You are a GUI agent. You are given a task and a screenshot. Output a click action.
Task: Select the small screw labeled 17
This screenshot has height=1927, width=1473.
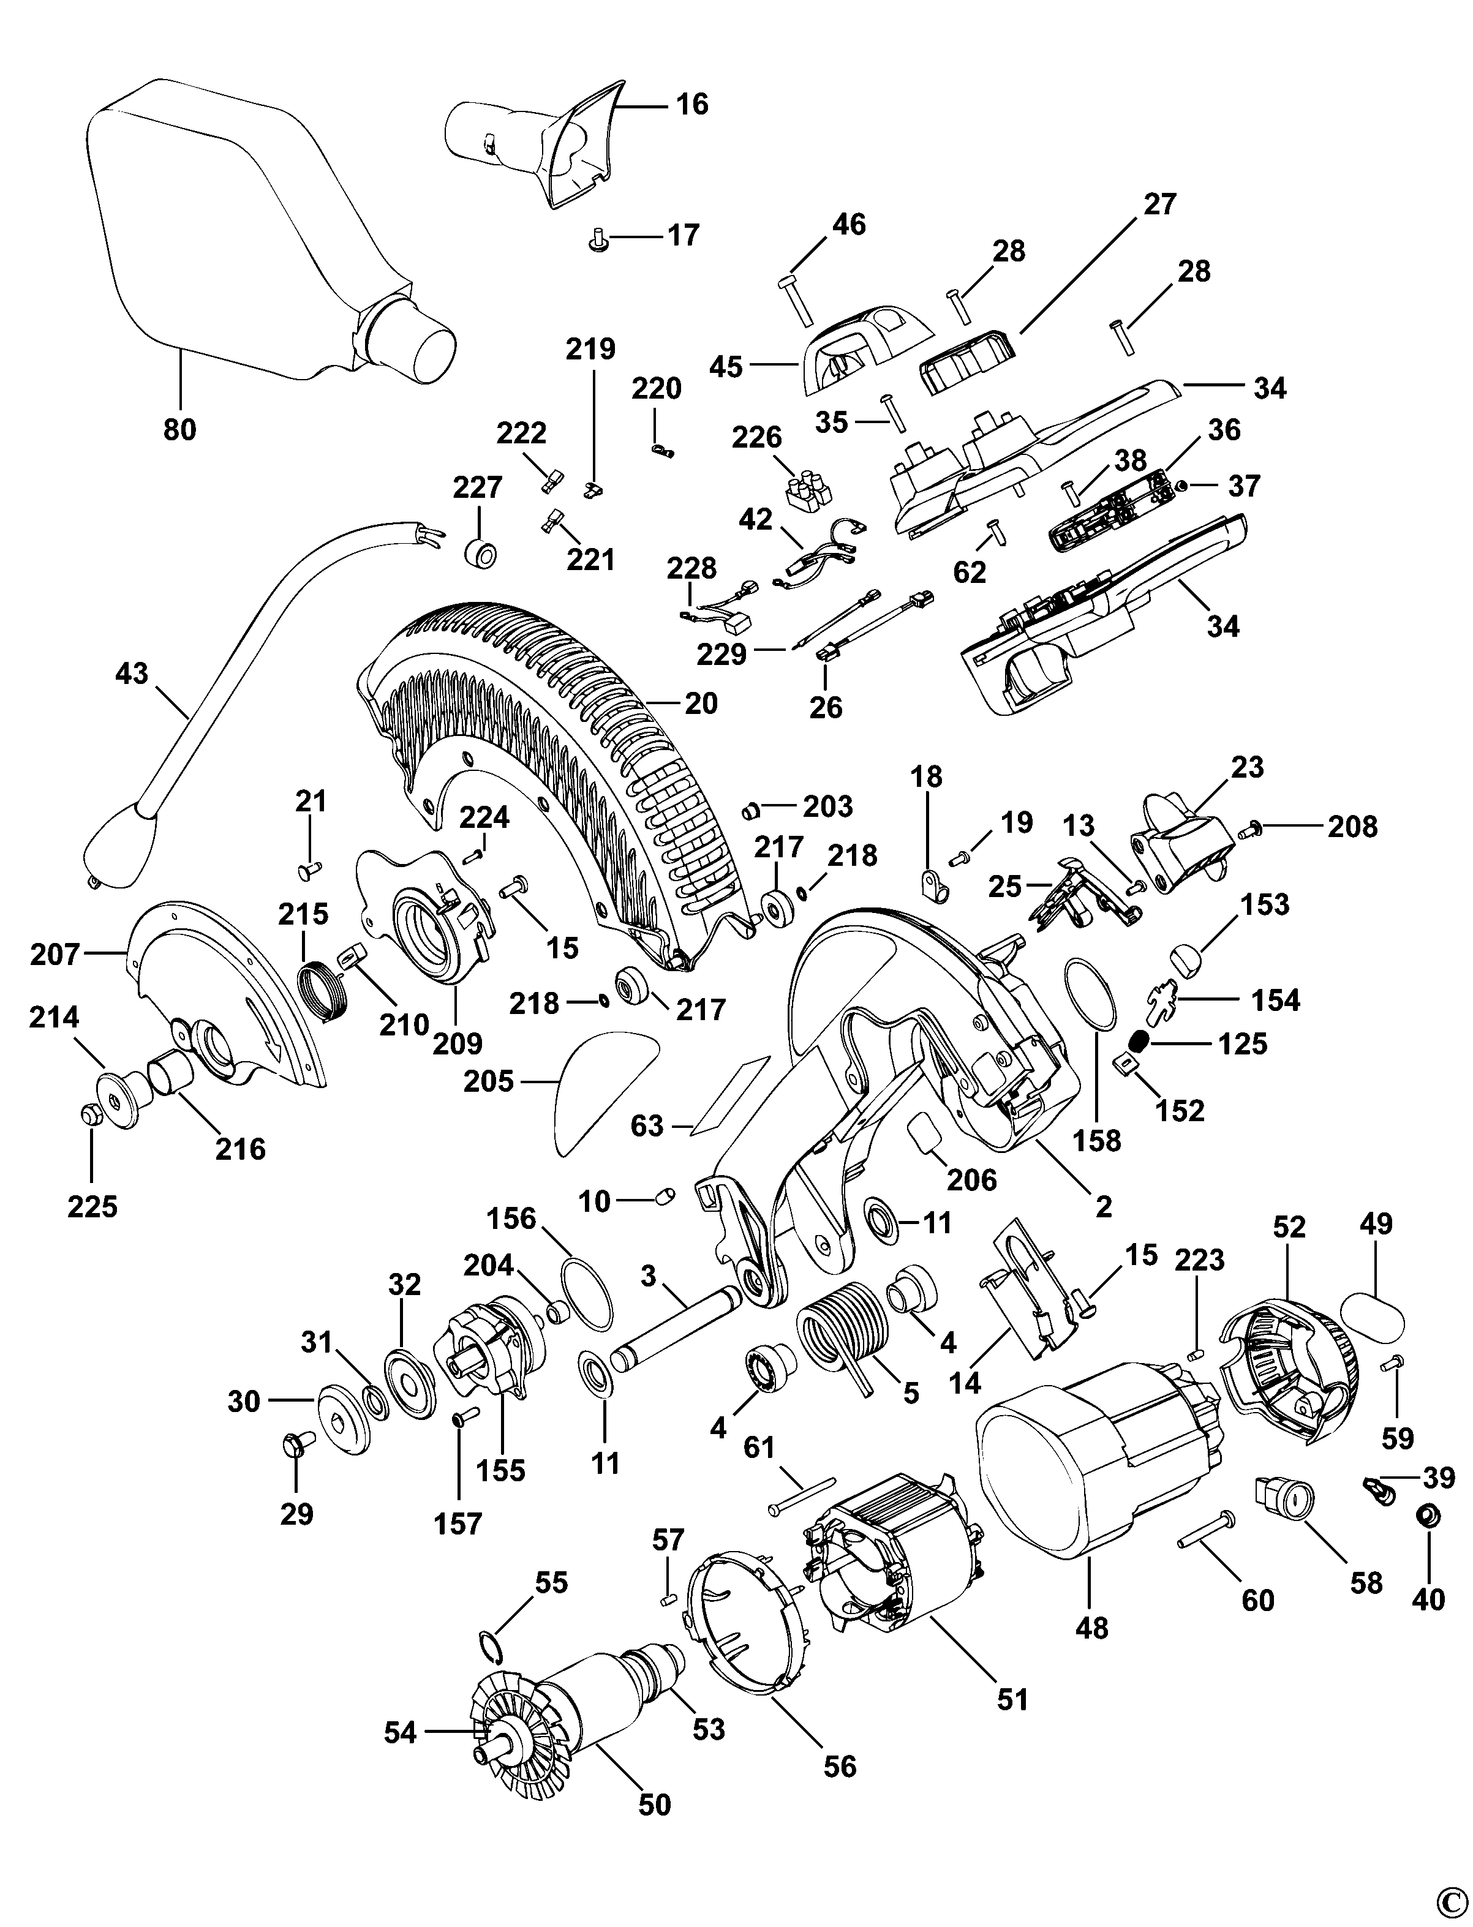pyautogui.click(x=599, y=238)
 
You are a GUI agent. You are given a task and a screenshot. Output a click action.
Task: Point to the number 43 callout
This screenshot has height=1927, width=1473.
pyautogui.click(x=132, y=674)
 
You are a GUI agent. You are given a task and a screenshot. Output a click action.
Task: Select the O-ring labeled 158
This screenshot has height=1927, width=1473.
pyautogui.click(x=1090, y=996)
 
